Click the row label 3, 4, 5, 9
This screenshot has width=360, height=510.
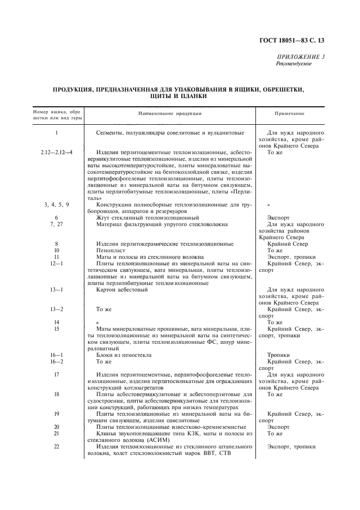coord(56,204)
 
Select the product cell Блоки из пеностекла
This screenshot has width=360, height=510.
coord(124,355)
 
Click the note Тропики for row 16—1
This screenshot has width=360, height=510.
coord(278,355)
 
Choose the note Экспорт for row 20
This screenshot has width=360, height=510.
coord(278,427)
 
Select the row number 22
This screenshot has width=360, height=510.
coord(56,446)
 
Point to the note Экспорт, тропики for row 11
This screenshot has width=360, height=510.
coord(291,257)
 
